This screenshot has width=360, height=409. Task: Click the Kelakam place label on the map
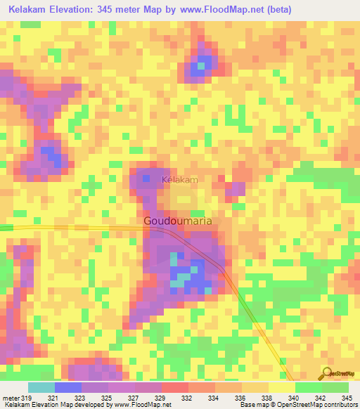pos(180,181)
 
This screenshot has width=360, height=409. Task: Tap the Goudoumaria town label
pos(178,221)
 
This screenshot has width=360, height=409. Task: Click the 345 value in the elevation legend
pos(347,398)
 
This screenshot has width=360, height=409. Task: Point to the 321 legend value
pos(53,398)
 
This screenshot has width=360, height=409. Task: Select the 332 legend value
pos(187,398)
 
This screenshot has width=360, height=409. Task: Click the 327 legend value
pos(134,398)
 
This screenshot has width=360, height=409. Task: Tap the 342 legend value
pos(321,398)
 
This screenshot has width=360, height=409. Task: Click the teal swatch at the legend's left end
pos(41,387)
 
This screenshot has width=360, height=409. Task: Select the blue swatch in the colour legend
pos(67,387)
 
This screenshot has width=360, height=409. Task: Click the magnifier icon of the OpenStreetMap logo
pos(328,373)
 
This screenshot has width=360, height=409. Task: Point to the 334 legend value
pos(214,398)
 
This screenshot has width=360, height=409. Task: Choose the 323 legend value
pos(80,398)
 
